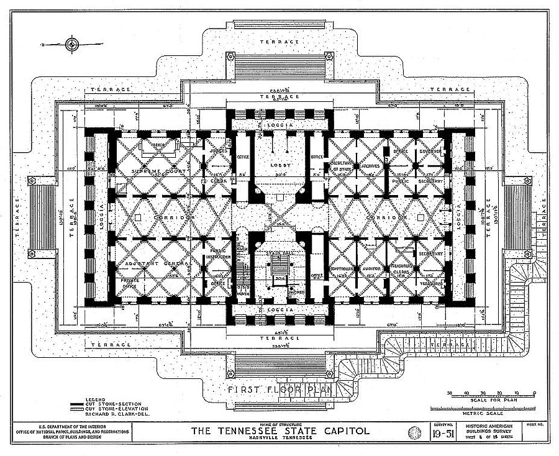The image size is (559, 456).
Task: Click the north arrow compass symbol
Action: (73, 44)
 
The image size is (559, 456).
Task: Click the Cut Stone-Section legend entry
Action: (109, 404)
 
